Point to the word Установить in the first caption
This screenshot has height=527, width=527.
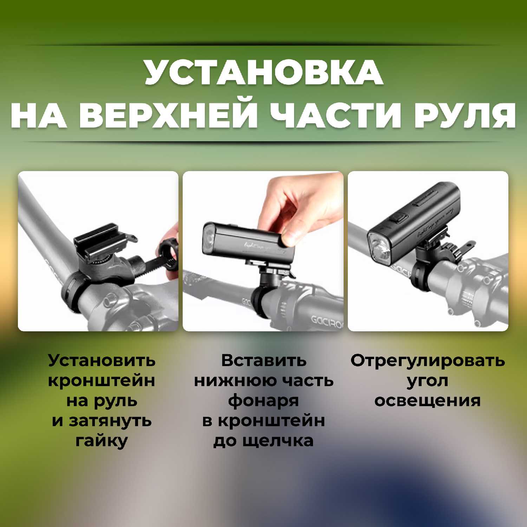[102, 360]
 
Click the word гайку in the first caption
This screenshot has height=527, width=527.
[102, 441]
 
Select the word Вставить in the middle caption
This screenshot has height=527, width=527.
[263, 360]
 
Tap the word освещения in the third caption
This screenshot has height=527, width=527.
[428, 401]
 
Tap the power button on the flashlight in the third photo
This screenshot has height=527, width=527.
[398, 218]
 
